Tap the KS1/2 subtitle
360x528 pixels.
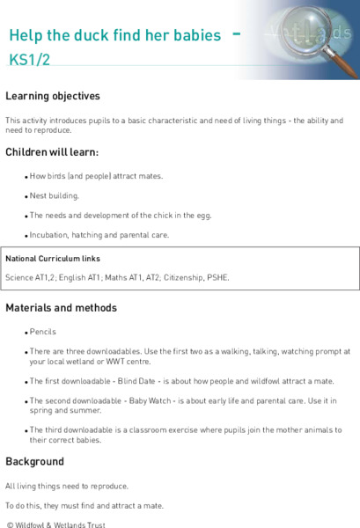point(29,61)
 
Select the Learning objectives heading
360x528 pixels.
point(53,96)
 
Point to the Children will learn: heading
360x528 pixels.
point(52,152)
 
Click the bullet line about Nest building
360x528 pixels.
point(55,195)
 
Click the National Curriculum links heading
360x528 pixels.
point(53,259)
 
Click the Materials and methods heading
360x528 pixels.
point(61,308)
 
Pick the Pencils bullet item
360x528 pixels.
point(43,333)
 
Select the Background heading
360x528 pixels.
point(34,461)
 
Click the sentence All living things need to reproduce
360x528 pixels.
point(67,486)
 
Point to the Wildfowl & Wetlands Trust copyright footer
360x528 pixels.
point(56,524)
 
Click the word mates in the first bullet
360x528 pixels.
point(151,176)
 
